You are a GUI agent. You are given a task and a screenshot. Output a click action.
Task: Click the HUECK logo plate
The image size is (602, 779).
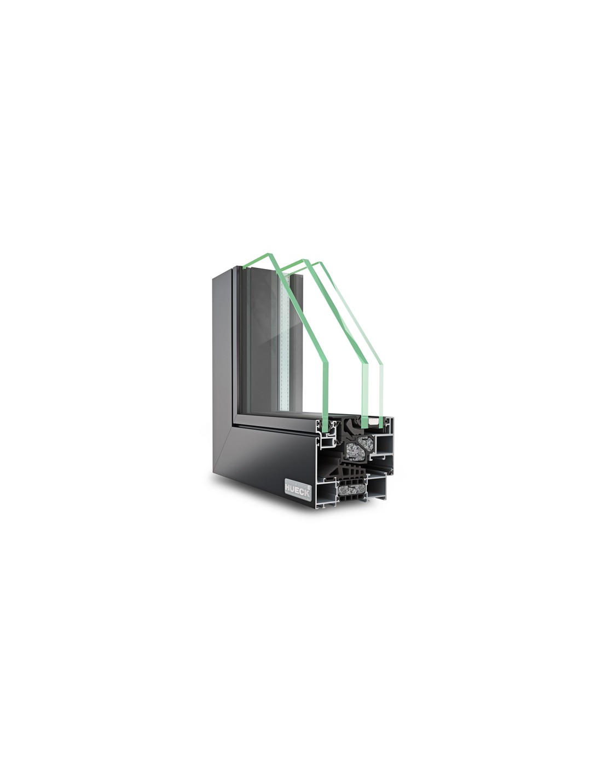[x=297, y=487]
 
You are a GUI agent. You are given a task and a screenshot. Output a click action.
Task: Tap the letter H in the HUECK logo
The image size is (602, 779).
[x=288, y=488]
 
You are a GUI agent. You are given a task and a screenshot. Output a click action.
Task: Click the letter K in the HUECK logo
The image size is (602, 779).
[x=306, y=494]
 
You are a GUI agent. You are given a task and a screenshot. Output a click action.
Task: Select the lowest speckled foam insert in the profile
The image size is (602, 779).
[x=351, y=491]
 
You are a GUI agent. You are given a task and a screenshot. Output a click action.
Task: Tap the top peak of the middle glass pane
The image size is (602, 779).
[x=304, y=259]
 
